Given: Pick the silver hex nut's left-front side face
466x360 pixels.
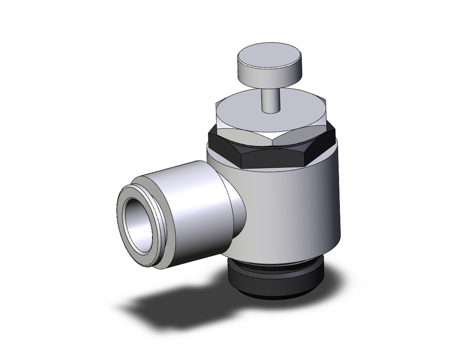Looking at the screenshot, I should tap(242, 131).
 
